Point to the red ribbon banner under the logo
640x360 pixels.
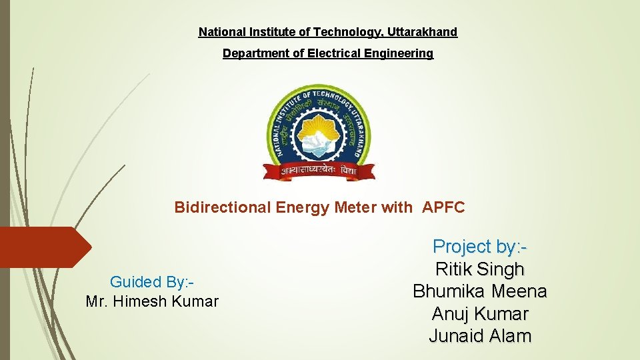319,171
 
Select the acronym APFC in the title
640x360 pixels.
443,207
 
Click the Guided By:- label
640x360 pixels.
152,282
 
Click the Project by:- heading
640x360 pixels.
480,247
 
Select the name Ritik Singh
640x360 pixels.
480,269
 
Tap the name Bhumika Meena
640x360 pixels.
480,291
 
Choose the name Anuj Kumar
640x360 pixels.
480,313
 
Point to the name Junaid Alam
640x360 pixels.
480,336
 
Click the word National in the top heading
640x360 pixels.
221,32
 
